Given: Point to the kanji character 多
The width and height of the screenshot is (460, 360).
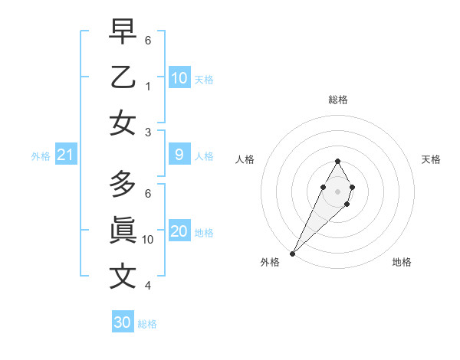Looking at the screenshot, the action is (123, 183).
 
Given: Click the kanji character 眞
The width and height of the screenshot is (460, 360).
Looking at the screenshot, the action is (123, 230).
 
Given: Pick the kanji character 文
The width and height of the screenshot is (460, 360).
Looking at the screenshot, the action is (123, 276).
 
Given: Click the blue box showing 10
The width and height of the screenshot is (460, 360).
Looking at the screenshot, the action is (179, 77).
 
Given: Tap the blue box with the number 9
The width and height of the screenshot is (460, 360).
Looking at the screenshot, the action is (179, 155).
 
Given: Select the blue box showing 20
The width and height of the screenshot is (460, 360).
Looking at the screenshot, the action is (179, 231).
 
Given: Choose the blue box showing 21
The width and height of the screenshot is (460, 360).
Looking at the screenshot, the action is (66, 155).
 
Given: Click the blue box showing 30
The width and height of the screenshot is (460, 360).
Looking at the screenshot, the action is (123, 322).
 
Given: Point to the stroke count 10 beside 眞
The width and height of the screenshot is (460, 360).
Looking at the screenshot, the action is (148, 239).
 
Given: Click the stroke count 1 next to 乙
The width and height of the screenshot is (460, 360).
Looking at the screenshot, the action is (148, 86).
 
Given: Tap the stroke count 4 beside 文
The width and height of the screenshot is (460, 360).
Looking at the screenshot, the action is (148, 286).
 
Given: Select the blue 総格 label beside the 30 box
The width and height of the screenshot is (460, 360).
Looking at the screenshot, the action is (147, 324).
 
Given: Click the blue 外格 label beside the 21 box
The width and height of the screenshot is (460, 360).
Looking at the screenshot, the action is (41, 156).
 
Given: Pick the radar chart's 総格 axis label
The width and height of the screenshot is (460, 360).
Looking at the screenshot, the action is (337, 100).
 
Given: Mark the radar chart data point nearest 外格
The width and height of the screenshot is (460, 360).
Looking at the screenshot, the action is (292, 253).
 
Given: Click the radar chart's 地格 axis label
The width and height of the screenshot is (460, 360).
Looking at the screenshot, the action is (402, 262).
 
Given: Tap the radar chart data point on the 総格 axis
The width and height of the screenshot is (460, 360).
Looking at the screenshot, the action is (337, 161).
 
